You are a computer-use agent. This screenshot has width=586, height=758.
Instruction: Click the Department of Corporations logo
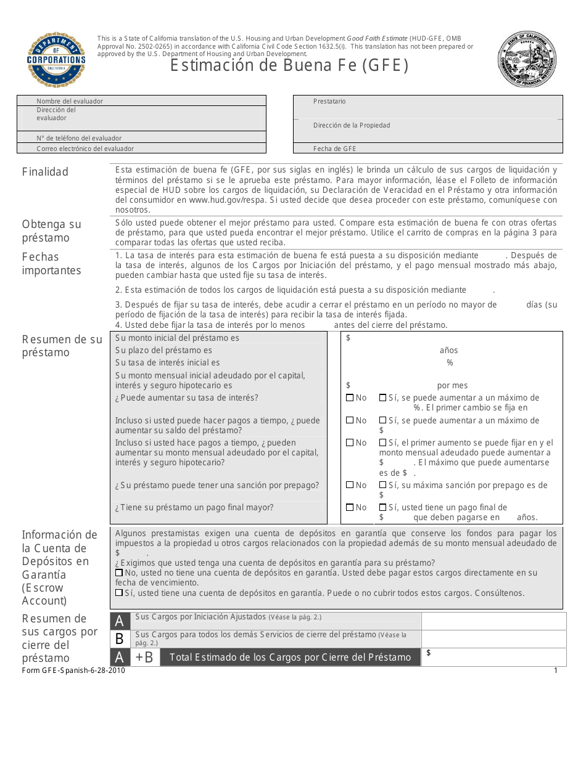pyautogui.click(x=56, y=59)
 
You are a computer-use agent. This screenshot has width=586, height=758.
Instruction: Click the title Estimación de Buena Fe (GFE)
pyautogui.click(x=289, y=65)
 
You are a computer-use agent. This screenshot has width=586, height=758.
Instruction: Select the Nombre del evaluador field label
pyautogui.click(x=70, y=101)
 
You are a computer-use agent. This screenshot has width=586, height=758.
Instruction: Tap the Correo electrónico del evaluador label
pyautogui.click(x=85, y=149)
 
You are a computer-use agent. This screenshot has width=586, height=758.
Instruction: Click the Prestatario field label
pyautogui.click(x=329, y=101)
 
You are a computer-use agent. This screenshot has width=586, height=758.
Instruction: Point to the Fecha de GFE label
pyautogui.click(x=334, y=149)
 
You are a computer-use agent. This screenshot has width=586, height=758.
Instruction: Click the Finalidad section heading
pyautogui.click(x=45, y=172)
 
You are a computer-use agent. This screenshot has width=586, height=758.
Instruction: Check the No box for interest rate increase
pyautogui.click(x=350, y=398)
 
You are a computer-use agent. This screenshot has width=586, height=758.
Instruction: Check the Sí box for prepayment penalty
pyautogui.click(x=382, y=486)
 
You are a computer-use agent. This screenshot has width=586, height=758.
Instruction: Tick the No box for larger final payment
pyautogui.click(x=350, y=508)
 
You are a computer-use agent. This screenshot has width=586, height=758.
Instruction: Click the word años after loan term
pyautogui.click(x=448, y=350)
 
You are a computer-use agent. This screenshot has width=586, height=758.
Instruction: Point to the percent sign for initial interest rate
pyautogui.click(x=450, y=362)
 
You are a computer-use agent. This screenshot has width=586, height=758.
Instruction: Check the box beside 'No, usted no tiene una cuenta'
pyautogui.click(x=119, y=573)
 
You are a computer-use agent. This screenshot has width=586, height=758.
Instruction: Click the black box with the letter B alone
pyautogui.click(x=120, y=639)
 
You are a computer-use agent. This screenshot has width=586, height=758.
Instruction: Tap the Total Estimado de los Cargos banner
pyautogui.click(x=290, y=657)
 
